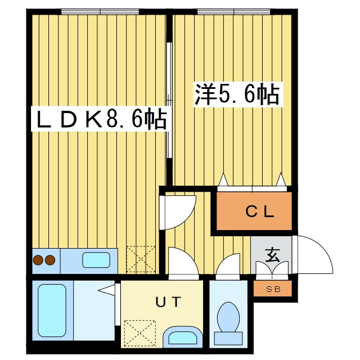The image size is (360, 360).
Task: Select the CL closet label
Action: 259,212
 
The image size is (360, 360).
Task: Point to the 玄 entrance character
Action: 272,256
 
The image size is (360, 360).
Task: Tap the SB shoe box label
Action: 272,289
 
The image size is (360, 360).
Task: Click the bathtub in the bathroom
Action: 52,310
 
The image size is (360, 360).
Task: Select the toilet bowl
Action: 228,316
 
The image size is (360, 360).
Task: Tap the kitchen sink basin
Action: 97,260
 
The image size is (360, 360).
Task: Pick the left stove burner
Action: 39,260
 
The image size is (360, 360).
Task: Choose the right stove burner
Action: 50,260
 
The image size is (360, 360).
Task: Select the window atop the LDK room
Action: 100,11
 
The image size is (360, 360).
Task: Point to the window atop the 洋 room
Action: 232,11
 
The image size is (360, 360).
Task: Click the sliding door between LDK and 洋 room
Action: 169,96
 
